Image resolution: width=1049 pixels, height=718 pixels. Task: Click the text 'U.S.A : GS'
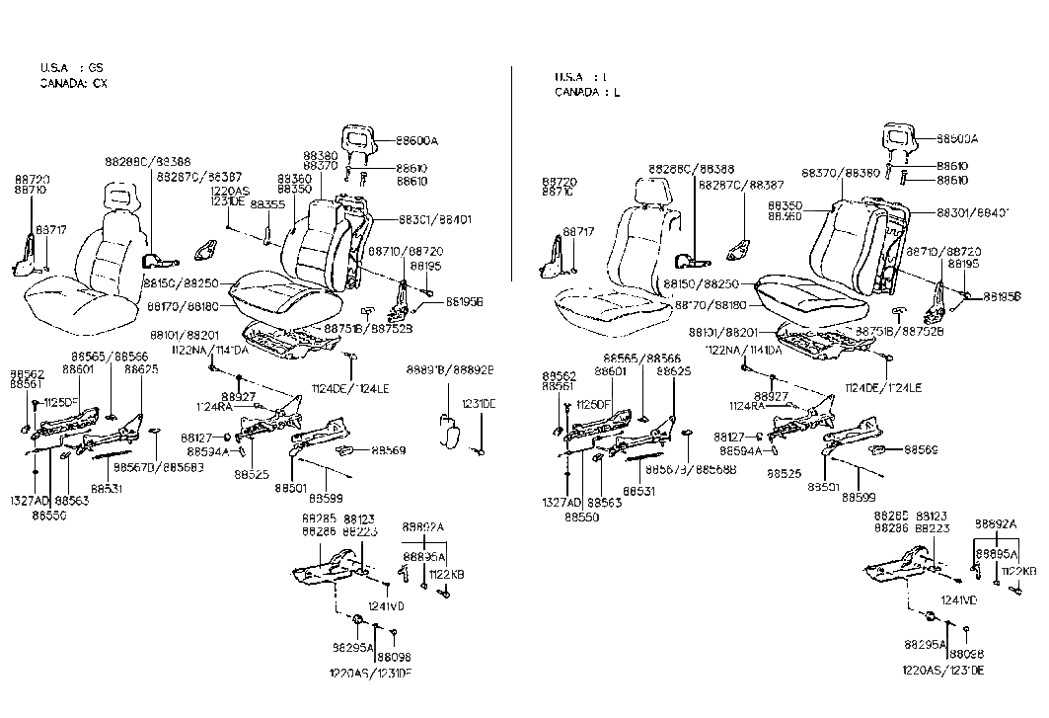coord(70,68)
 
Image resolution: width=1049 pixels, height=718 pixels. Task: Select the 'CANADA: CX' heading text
coord(73,83)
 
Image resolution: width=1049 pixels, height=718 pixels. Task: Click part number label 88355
coord(266,204)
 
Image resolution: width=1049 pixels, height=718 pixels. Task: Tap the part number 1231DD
coord(479,404)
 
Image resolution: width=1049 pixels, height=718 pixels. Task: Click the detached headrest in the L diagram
coord(896,138)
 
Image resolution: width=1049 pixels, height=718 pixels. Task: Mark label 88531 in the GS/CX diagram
coord(107,488)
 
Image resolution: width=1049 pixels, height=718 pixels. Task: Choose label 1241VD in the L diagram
coord(958,599)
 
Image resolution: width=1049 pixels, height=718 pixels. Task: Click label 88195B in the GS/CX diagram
coord(465,302)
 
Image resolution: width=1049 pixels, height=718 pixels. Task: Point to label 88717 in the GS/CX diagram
coord(51,229)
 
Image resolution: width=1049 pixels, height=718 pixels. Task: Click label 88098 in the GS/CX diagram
coord(394,657)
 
